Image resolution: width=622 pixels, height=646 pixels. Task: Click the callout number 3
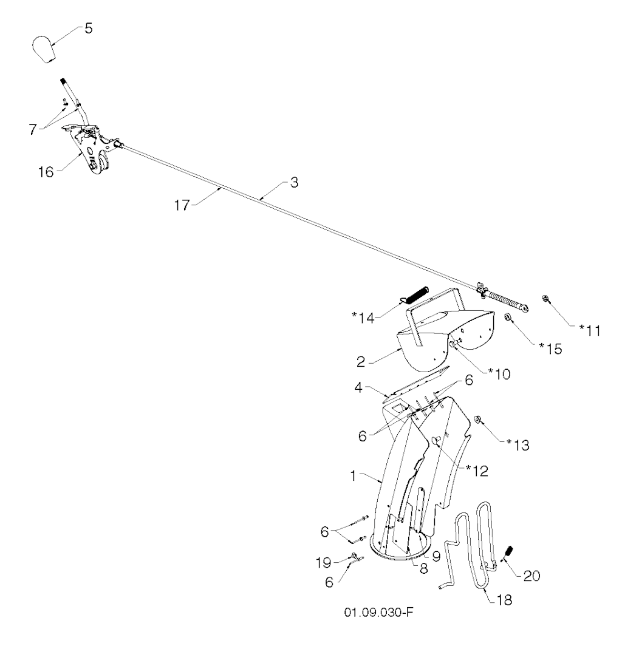point(293,185)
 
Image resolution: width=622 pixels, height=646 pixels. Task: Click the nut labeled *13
point(477,418)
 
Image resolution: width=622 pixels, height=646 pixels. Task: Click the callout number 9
point(436,555)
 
